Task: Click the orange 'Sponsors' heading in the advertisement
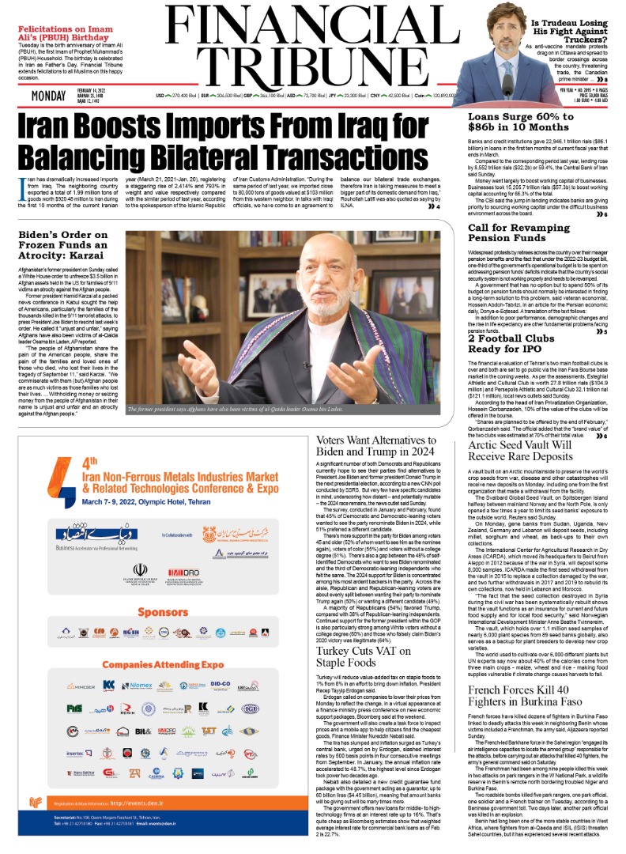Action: [x=162, y=612]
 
